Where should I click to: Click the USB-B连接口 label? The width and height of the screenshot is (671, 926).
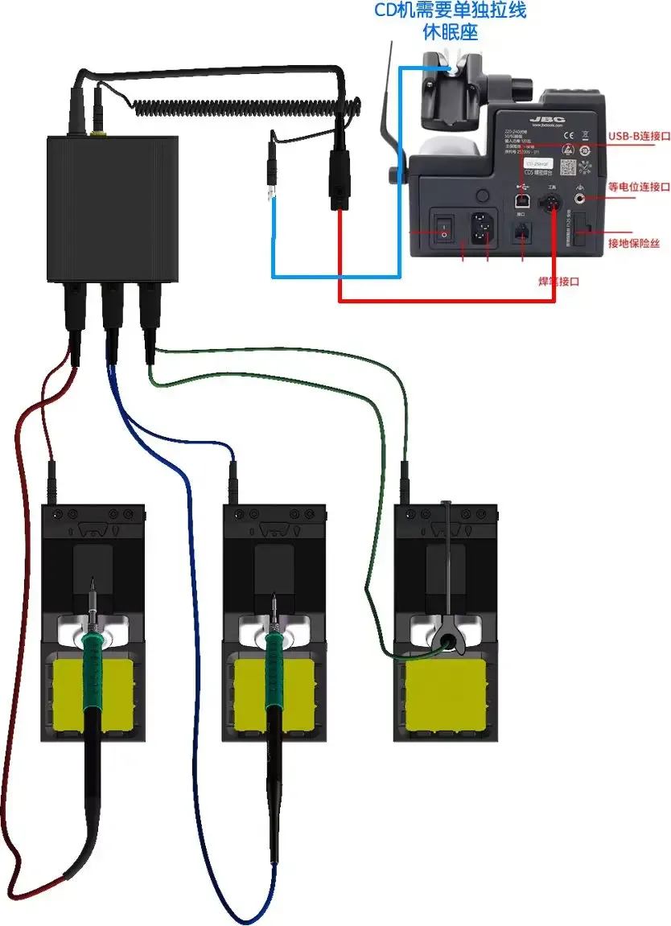tap(640, 137)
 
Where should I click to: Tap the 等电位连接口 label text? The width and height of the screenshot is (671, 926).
tap(639, 187)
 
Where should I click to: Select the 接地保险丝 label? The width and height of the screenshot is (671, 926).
tap(634, 242)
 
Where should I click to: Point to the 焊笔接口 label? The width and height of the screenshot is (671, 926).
tap(558, 282)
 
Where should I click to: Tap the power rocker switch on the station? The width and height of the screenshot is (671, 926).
tap(440, 228)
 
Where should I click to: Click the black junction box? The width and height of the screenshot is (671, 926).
tap(113, 209)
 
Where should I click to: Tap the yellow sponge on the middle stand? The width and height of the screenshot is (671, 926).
tap(274, 696)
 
